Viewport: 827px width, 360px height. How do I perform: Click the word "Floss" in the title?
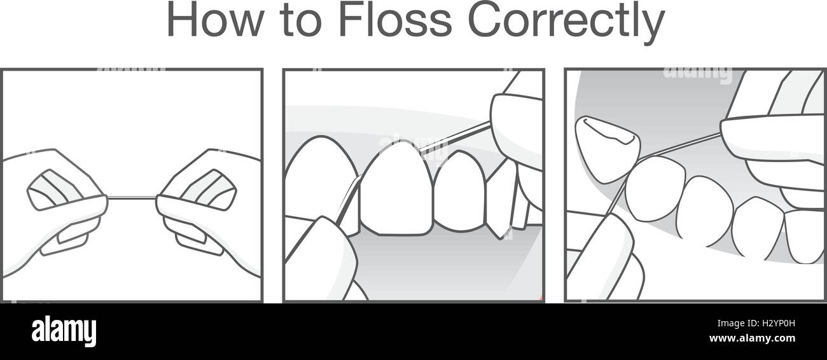tap(394, 21)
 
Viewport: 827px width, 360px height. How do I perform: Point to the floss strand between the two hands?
tap(132, 198)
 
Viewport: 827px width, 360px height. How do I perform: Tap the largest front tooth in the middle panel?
tap(396, 187)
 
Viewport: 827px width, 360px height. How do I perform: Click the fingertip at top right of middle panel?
tap(515, 127)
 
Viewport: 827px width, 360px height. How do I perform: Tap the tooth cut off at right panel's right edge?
tap(805, 235)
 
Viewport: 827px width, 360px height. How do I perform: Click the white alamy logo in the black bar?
tap(64, 331)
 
